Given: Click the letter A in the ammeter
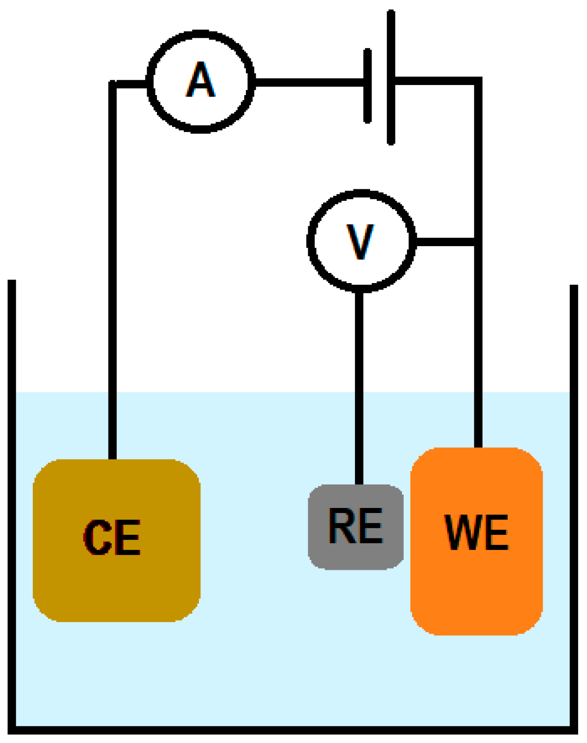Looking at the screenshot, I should [x=201, y=81].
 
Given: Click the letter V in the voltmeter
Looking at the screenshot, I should [x=360, y=241].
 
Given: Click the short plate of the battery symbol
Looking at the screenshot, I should [x=368, y=86].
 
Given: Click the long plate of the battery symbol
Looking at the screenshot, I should [x=391, y=78].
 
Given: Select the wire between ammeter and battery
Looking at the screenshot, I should [x=309, y=83].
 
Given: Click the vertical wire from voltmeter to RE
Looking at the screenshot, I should [x=359, y=388].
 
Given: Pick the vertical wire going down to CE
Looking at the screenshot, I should [x=113, y=277].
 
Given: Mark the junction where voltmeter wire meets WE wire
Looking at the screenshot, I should [x=478, y=242].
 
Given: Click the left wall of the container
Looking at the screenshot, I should [x=12, y=508].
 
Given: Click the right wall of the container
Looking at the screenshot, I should [x=574, y=508].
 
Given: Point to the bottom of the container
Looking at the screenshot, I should [x=293, y=730].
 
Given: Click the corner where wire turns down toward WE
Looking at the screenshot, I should [x=478, y=81].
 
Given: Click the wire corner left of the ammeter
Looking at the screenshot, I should [x=113, y=84].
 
